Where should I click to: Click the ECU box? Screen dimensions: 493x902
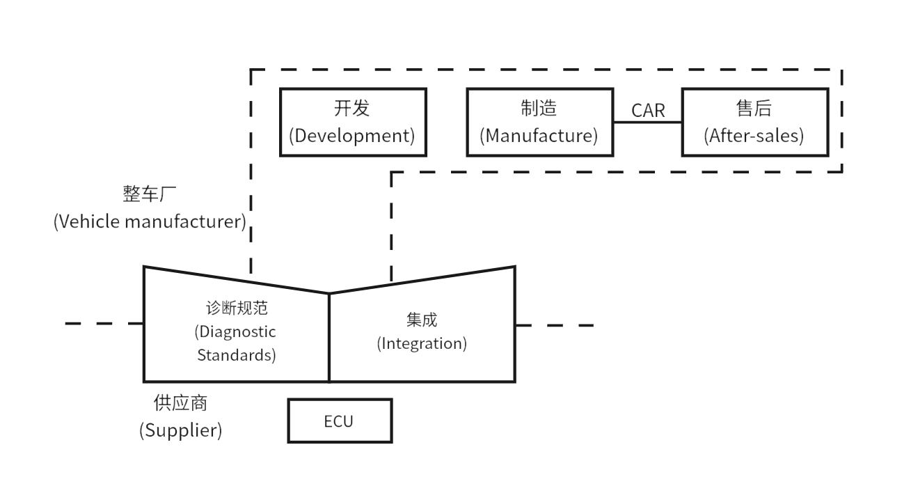(340, 421)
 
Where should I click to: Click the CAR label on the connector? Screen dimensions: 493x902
(648, 111)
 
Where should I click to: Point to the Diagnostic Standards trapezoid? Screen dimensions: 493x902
(236, 334)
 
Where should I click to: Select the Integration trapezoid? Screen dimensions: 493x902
(422, 334)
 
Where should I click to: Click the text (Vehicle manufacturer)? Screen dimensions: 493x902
(150, 222)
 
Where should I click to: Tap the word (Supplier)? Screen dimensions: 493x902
(181, 430)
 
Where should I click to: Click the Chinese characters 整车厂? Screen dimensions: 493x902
(150, 195)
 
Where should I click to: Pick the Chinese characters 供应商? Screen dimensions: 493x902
(180, 403)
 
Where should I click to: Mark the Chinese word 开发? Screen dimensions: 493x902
(352, 109)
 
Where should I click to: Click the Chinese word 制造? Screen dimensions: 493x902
(539, 109)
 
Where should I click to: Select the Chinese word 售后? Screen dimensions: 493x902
(754, 109)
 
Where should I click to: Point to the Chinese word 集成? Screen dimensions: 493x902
(422, 320)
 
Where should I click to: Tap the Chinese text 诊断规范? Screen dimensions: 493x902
(236, 308)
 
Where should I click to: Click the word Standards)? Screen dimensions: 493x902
(237, 355)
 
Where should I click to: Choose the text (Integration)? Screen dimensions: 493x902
(422, 344)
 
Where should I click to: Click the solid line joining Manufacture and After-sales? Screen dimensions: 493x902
(648, 123)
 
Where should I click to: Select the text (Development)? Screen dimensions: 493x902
(352, 135)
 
